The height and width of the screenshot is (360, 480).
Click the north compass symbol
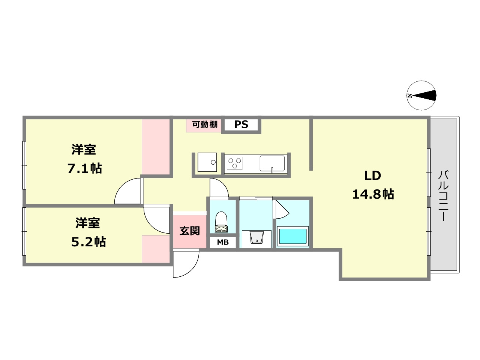point(421,96)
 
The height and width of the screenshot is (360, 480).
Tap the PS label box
point(241,124)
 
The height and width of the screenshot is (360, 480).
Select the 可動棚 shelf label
point(204,124)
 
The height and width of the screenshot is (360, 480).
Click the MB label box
point(223,243)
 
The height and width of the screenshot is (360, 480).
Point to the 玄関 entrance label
point(189,231)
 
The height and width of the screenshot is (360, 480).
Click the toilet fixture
point(221,222)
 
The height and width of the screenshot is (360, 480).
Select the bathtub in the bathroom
point(292,237)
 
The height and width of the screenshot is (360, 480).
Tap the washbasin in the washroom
point(256,238)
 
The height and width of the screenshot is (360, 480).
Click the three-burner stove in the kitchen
point(235,163)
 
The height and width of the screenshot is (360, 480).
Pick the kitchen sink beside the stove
point(272,163)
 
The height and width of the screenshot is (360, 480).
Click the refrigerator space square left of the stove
point(207,162)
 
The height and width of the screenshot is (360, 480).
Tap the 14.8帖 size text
point(373,194)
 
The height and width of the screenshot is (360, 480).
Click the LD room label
point(373,175)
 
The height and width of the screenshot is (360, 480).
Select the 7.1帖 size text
point(85,168)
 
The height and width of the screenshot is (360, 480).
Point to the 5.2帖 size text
point(88,242)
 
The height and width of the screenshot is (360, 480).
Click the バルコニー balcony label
point(444,195)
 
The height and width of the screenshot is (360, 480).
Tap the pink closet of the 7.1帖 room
point(156,147)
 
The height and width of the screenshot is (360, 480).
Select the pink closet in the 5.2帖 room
point(156,249)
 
